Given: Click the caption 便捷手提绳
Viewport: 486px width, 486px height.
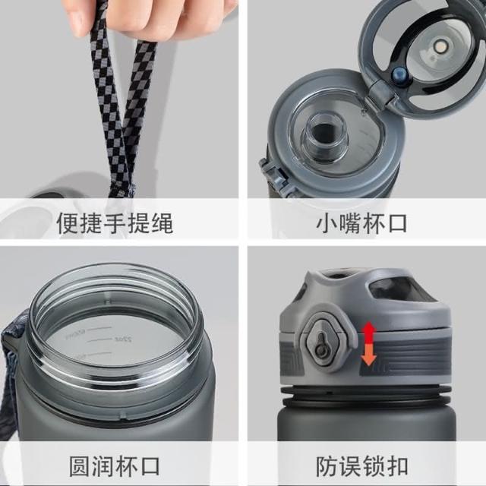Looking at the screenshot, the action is tap(115, 222).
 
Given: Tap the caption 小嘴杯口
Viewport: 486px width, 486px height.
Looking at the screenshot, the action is tap(361, 222).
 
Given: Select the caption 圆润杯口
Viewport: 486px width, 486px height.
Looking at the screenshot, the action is tap(115, 465).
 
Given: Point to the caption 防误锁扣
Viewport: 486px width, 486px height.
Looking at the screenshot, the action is tap(361, 465).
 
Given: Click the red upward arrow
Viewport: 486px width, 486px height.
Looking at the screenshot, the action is tap(368, 333).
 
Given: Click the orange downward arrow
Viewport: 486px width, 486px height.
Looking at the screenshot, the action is tap(368, 355).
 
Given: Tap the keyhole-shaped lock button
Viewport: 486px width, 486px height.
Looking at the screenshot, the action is tap(320, 344).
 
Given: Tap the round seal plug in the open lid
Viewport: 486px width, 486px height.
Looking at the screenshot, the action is tap(440, 47).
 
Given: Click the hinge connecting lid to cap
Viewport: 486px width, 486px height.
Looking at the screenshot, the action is tap(380, 92).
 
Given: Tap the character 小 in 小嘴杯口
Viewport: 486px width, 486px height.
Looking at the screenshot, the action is tap(327, 222).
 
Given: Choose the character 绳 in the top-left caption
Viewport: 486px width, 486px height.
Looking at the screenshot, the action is tap(162, 222).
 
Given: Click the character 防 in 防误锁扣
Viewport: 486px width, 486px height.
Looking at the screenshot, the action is tap(327, 465).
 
